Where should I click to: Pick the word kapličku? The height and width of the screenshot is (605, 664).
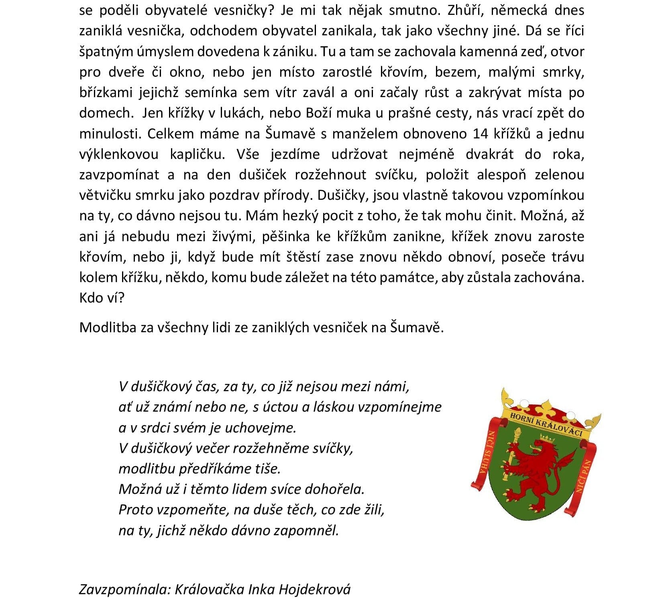197,154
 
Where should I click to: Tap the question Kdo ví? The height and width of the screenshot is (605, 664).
102,298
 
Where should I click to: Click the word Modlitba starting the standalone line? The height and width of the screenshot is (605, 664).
107,328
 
